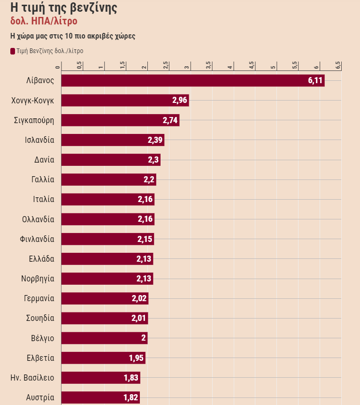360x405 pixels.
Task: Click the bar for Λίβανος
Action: click(192, 80)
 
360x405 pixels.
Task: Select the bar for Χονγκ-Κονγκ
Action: click(125, 100)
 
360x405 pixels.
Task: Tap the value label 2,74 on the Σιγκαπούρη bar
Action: click(170, 120)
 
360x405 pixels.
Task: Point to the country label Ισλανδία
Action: click(39, 140)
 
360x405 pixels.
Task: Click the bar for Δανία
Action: click(111, 160)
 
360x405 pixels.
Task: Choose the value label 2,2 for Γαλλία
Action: click(149, 179)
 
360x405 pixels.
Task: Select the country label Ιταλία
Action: click(44, 199)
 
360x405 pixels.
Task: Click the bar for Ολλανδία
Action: click(107, 219)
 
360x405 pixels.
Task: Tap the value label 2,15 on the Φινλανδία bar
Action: click(145, 239)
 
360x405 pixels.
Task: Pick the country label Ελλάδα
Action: click(42, 259)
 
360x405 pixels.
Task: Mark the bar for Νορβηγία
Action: click(107, 279)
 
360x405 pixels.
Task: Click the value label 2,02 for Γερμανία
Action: click(139, 298)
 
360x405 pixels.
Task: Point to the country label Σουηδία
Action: click(40, 318)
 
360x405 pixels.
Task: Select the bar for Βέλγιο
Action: click(104, 338)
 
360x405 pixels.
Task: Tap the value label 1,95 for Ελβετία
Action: click(136, 358)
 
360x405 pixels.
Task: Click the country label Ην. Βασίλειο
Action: click(32, 378)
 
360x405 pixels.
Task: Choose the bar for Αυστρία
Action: click(100, 397)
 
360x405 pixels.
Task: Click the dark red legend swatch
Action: click(13, 51)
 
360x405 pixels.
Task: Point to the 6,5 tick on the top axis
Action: click(338, 65)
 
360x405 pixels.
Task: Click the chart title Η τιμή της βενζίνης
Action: click(64, 8)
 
